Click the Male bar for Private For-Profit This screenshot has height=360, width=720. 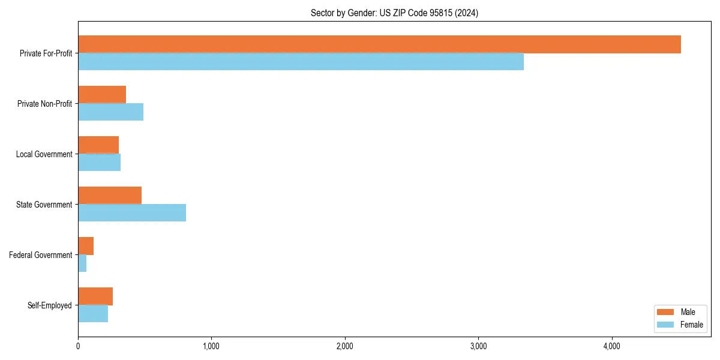[379, 44]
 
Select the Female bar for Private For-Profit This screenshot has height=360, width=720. [301, 62]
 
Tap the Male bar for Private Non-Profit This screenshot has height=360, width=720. [102, 95]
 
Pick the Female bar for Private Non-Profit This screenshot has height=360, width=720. [110, 112]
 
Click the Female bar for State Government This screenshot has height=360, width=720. [132, 213]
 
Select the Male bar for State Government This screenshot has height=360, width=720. [110, 196]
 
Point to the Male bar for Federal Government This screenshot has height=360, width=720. [86, 246]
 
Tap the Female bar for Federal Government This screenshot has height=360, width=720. [82, 263]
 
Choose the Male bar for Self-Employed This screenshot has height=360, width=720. [95, 296]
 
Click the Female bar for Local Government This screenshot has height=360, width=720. [99, 163]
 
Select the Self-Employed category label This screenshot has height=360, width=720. [50, 305]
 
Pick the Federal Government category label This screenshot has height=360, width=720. [41, 255]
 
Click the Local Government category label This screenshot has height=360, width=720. [44, 154]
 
